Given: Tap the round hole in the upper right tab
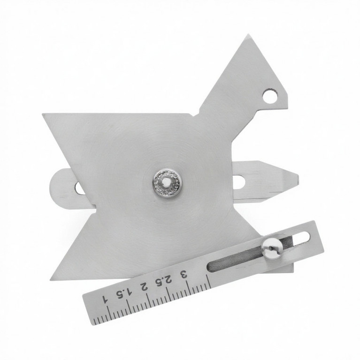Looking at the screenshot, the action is click(x=270, y=95).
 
